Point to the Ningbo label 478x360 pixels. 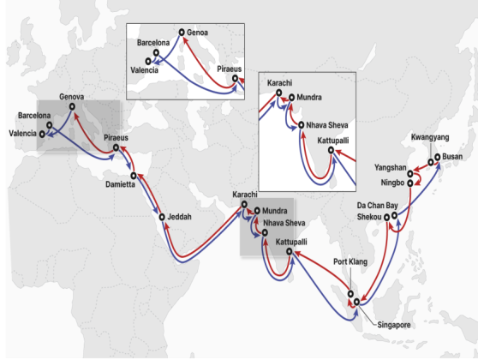point(392,182)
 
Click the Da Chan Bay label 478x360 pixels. point(377,206)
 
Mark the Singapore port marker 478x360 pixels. point(356,303)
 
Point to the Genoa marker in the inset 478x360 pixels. point(182,33)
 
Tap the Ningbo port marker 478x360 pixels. point(410,182)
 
